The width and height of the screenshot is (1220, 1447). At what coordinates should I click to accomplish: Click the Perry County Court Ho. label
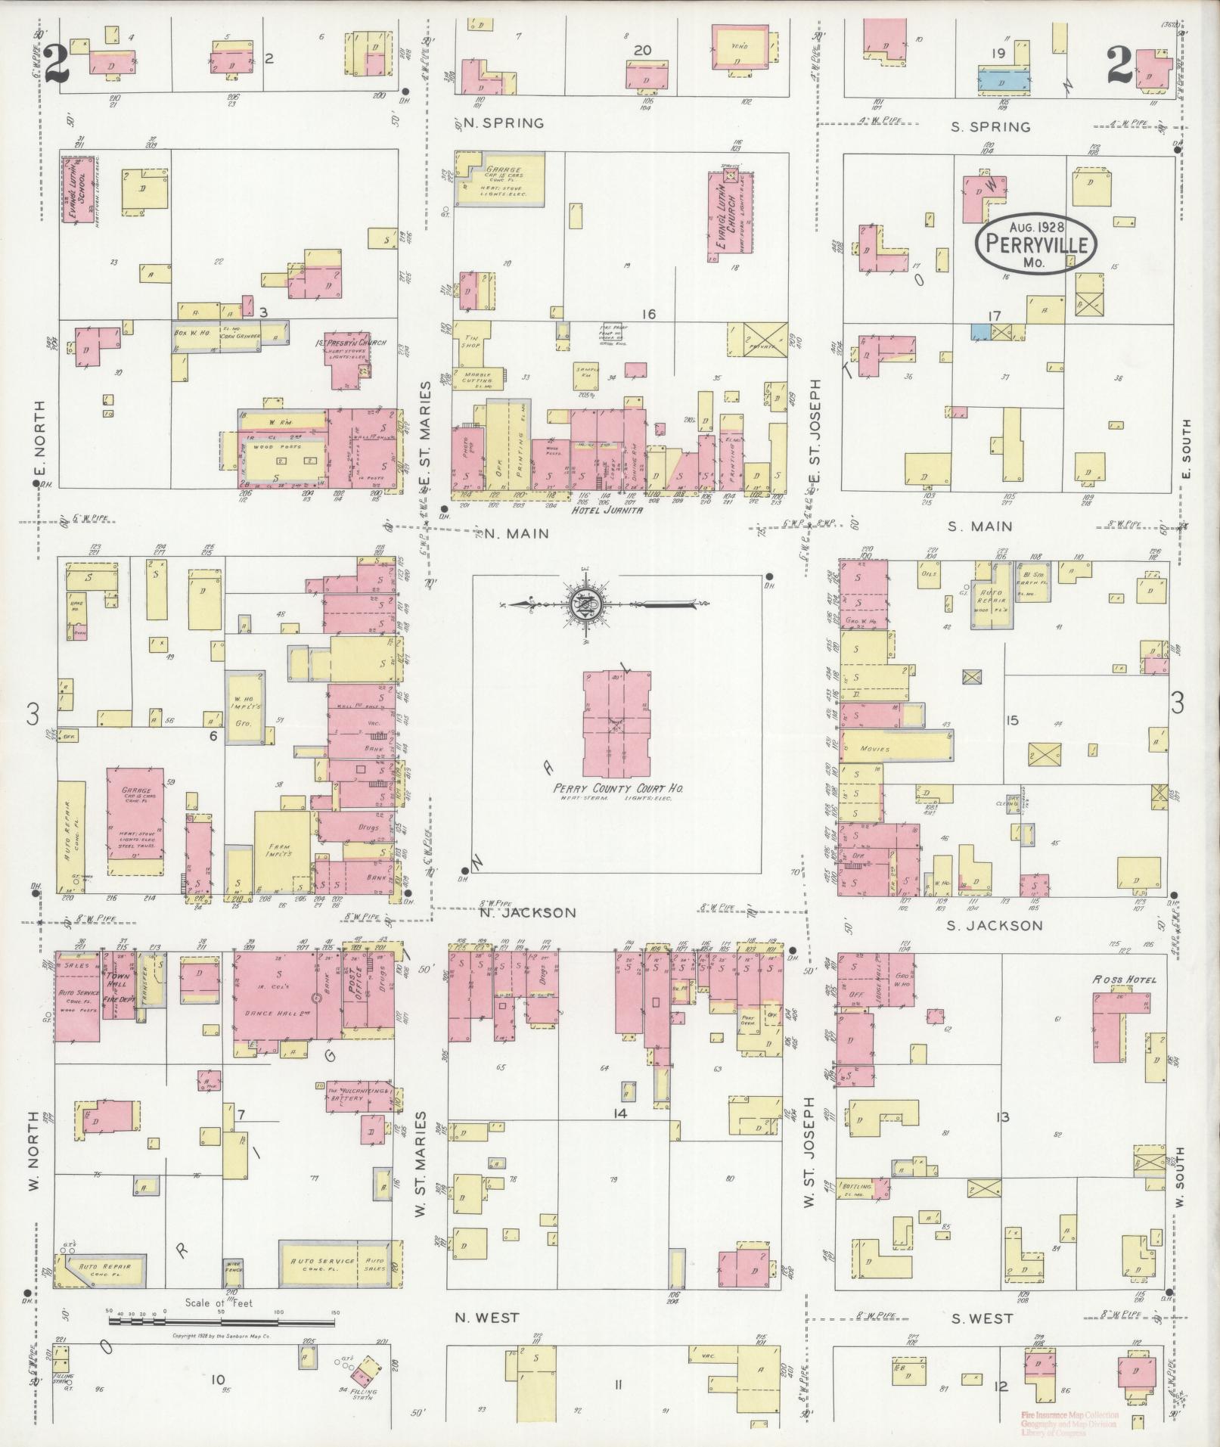click(616, 787)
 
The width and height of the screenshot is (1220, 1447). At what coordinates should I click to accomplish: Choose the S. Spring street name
click(990, 127)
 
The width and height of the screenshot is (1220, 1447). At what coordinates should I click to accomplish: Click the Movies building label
click(874, 749)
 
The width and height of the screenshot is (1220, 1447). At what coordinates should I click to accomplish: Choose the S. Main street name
click(981, 526)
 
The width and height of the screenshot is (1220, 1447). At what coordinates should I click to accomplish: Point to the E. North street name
click(40, 440)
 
